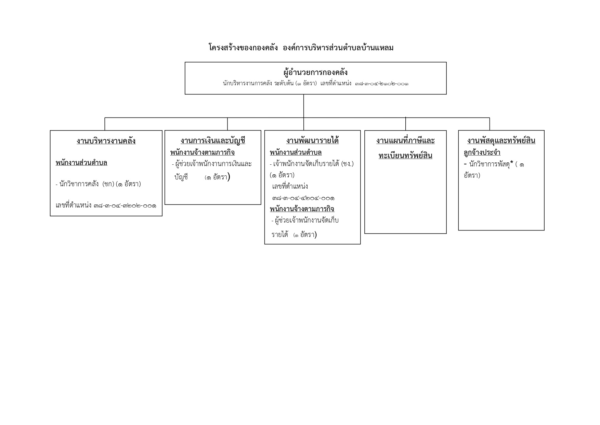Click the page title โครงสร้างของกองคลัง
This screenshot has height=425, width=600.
243,48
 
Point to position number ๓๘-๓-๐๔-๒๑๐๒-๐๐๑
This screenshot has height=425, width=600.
381,84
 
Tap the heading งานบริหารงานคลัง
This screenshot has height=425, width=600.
106,141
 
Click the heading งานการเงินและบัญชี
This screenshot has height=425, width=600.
213,140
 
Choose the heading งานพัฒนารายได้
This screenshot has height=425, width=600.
312,140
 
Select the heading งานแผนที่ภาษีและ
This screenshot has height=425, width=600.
405,140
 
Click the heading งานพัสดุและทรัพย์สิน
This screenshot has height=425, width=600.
501,140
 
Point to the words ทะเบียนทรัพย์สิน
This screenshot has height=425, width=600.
405,155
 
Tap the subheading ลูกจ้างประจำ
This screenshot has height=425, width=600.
482,152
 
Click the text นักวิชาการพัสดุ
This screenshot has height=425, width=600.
490,164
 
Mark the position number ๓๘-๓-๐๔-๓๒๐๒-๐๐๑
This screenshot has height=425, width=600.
125,206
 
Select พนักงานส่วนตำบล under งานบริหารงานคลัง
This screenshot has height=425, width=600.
81,163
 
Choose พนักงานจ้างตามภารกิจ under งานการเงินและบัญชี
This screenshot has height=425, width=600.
203,152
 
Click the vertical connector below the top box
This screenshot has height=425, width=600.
303,106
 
